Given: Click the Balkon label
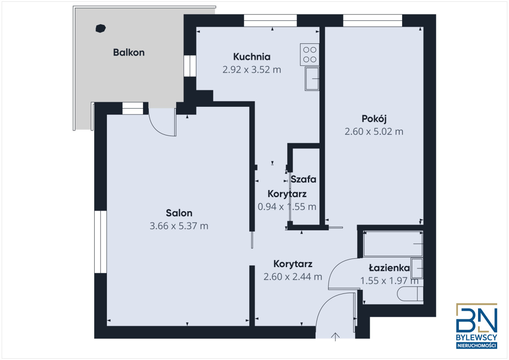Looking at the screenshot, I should click(129, 53).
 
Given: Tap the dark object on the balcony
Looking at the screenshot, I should click(101, 28).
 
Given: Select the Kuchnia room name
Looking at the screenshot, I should click(252, 56).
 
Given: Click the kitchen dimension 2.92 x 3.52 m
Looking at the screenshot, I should click(252, 70).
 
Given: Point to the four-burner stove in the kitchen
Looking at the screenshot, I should click(309, 54).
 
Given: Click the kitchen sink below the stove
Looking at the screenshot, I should click(312, 78).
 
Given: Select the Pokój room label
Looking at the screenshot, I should click(374, 118).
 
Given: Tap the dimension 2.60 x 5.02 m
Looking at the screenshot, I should click(374, 131).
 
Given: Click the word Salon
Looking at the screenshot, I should click(179, 213).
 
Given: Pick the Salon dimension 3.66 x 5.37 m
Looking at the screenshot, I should click(179, 226).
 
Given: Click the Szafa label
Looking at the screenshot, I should click(303, 179).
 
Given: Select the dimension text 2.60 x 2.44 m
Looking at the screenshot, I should click(293, 277).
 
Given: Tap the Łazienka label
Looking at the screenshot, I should click(389, 268).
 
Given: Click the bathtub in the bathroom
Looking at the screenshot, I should click(392, 244).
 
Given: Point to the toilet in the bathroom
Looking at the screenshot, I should click(410, 293).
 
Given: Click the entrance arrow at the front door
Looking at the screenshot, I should click(336, 337).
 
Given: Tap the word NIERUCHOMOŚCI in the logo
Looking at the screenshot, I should click(476, 346).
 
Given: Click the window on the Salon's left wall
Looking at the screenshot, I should click(100, 242).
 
